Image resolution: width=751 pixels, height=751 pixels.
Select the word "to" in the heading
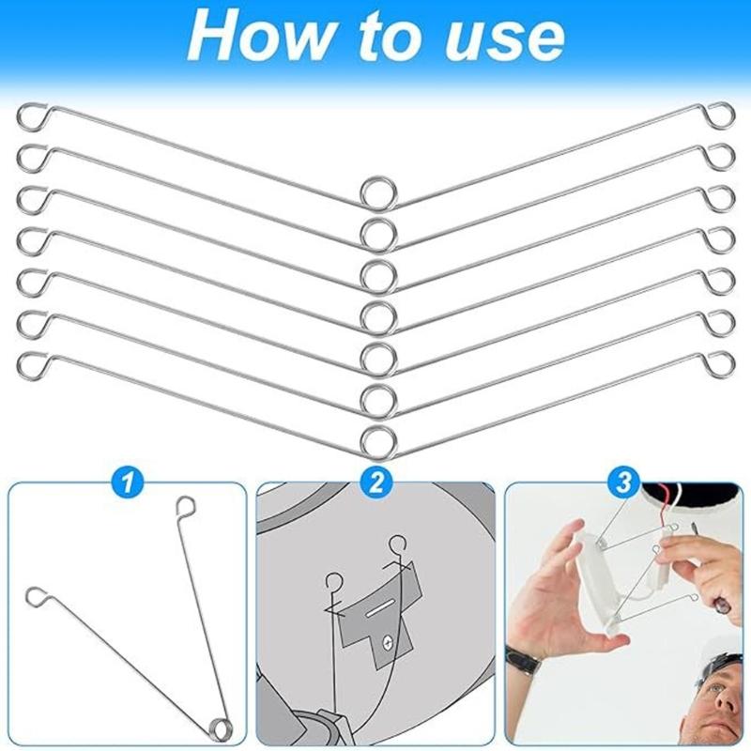(x=384, y=38)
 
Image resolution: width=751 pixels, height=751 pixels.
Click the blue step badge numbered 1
(x=128, y=483)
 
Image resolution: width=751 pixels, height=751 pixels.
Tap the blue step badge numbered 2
(x=376, y=483)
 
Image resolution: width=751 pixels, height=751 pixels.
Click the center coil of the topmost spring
(x=376, y=192)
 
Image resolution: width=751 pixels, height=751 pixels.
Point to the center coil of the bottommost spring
(x=376, y=439)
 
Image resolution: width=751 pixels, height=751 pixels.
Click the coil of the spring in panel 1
(x=222, y=725)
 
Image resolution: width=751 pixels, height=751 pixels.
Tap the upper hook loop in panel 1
(x=185, y=509)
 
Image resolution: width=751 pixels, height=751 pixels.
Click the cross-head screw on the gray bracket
(x=386, y=642)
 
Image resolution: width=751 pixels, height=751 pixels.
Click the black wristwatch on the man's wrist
(x=524, y=659)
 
